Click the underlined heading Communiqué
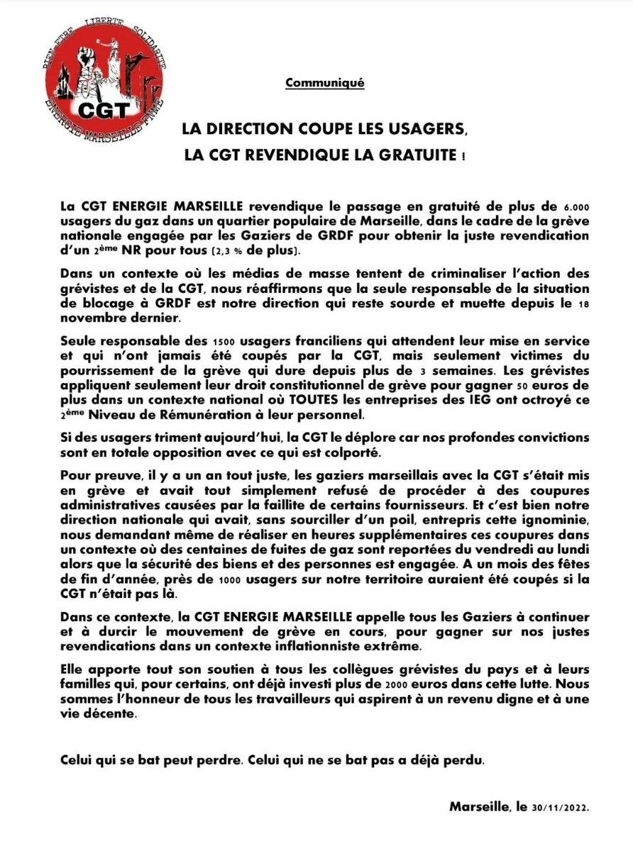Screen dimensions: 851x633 324,83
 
